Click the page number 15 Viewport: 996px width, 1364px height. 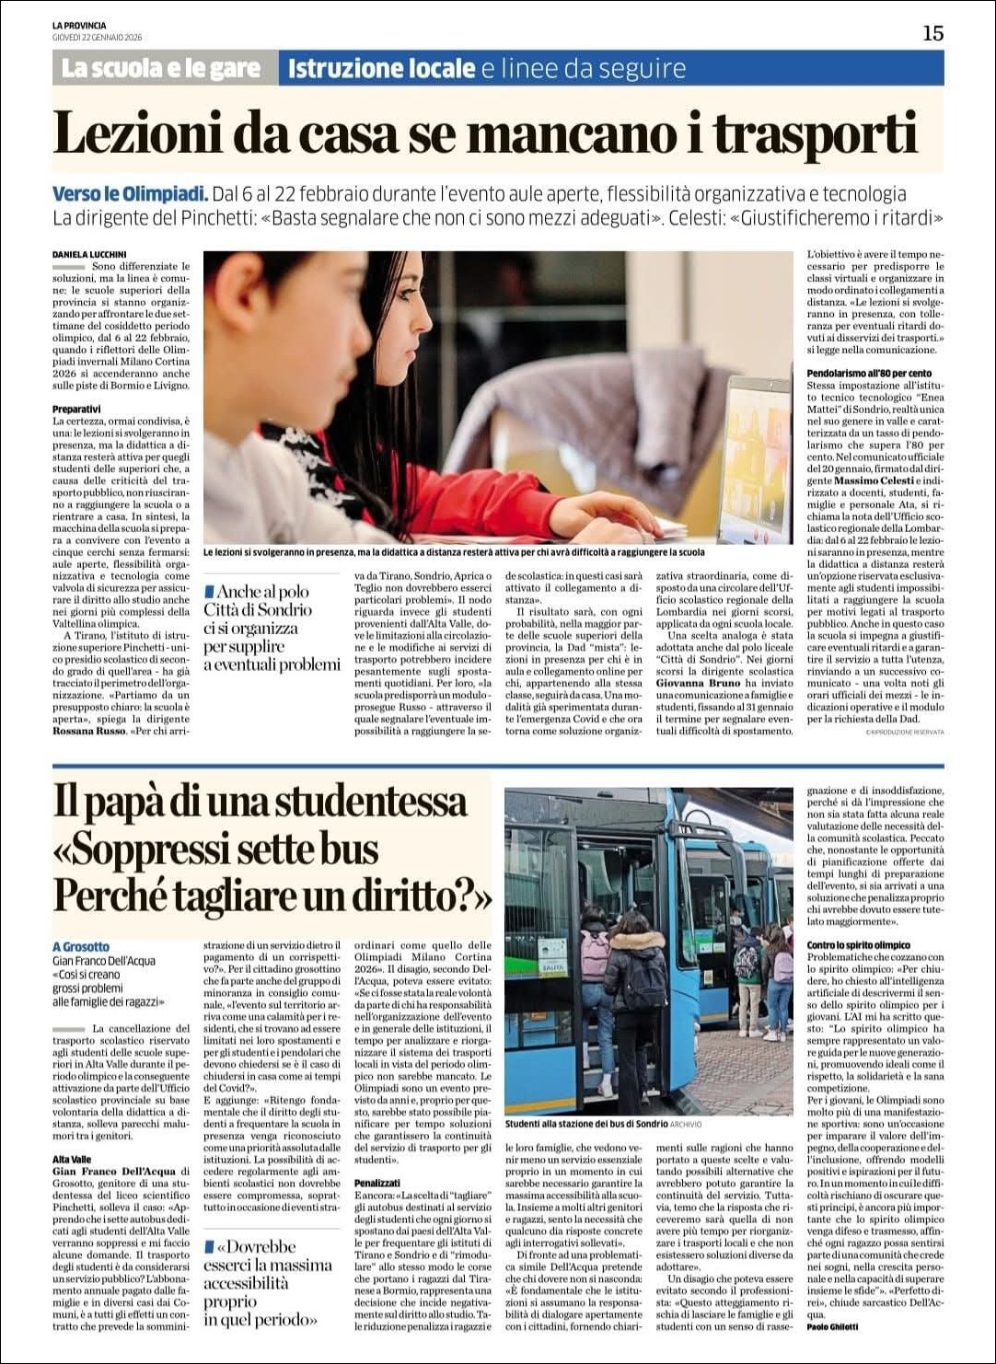pos(932,33)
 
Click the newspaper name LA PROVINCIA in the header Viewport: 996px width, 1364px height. pos(79,26)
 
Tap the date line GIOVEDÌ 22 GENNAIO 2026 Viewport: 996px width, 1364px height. pos(97,38)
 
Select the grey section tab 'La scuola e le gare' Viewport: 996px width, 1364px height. pos(161,68)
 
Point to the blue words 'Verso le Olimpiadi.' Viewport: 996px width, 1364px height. pos(130,194)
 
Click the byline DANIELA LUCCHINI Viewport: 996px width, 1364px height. pos(90,254)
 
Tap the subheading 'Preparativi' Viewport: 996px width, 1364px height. pos(76,409)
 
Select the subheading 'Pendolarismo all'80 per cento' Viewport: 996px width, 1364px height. pos(869,373)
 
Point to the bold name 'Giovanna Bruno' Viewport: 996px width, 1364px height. pos(698,683)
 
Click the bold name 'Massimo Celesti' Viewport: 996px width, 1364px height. pos(874,480)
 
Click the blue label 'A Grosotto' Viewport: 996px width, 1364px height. pos(81,946)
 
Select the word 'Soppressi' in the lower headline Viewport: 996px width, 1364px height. pos(160,849)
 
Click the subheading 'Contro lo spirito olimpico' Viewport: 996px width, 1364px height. pos(858,944)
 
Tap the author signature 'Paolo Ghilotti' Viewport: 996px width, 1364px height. pos(832,1326)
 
